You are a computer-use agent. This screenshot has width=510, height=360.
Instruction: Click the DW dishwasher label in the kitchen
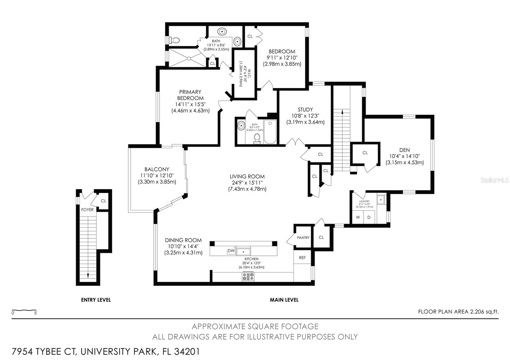231,251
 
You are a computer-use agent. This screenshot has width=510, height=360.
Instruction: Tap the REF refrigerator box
302,257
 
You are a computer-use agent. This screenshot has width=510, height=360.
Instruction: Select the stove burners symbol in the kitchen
248,276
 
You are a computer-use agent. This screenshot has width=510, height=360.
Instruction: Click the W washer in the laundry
358,217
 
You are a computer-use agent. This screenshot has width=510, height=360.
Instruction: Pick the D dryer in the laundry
369,217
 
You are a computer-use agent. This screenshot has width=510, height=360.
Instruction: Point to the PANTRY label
303,238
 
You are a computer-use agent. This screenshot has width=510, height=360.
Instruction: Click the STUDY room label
305,110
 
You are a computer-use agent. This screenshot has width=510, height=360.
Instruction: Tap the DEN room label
404,150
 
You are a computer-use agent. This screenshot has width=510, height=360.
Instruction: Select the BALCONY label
157,169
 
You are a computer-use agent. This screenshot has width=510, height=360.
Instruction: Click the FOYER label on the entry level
87,210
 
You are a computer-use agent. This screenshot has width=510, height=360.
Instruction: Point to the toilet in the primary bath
175,40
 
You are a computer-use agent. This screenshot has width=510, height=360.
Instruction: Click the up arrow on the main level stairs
342,112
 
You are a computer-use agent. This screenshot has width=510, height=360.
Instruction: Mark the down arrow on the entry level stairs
88,276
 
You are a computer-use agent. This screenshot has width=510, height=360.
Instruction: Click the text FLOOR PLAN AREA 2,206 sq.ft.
458,312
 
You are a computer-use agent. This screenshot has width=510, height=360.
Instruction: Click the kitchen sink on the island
243,251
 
